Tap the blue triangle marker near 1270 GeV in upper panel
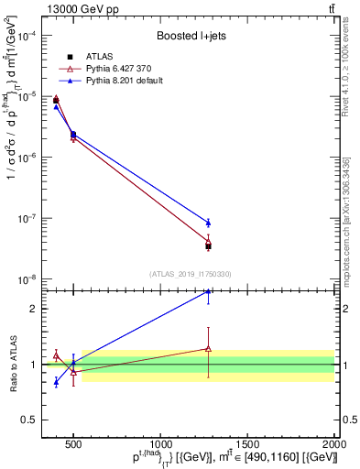208,223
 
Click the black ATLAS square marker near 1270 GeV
208,246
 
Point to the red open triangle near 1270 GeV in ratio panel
208,348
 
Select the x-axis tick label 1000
160,443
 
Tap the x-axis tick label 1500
247,443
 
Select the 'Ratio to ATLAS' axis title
12,365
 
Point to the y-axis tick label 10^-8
27,279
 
